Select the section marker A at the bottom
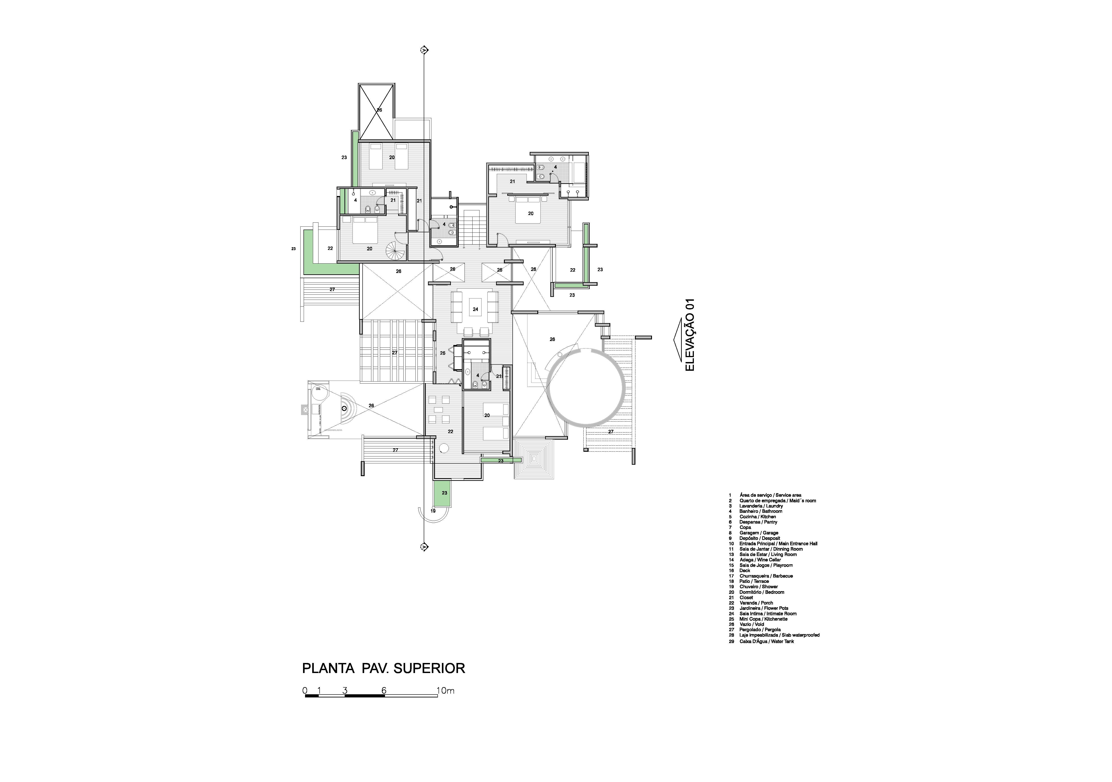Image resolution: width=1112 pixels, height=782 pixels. (x=424, y=547)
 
